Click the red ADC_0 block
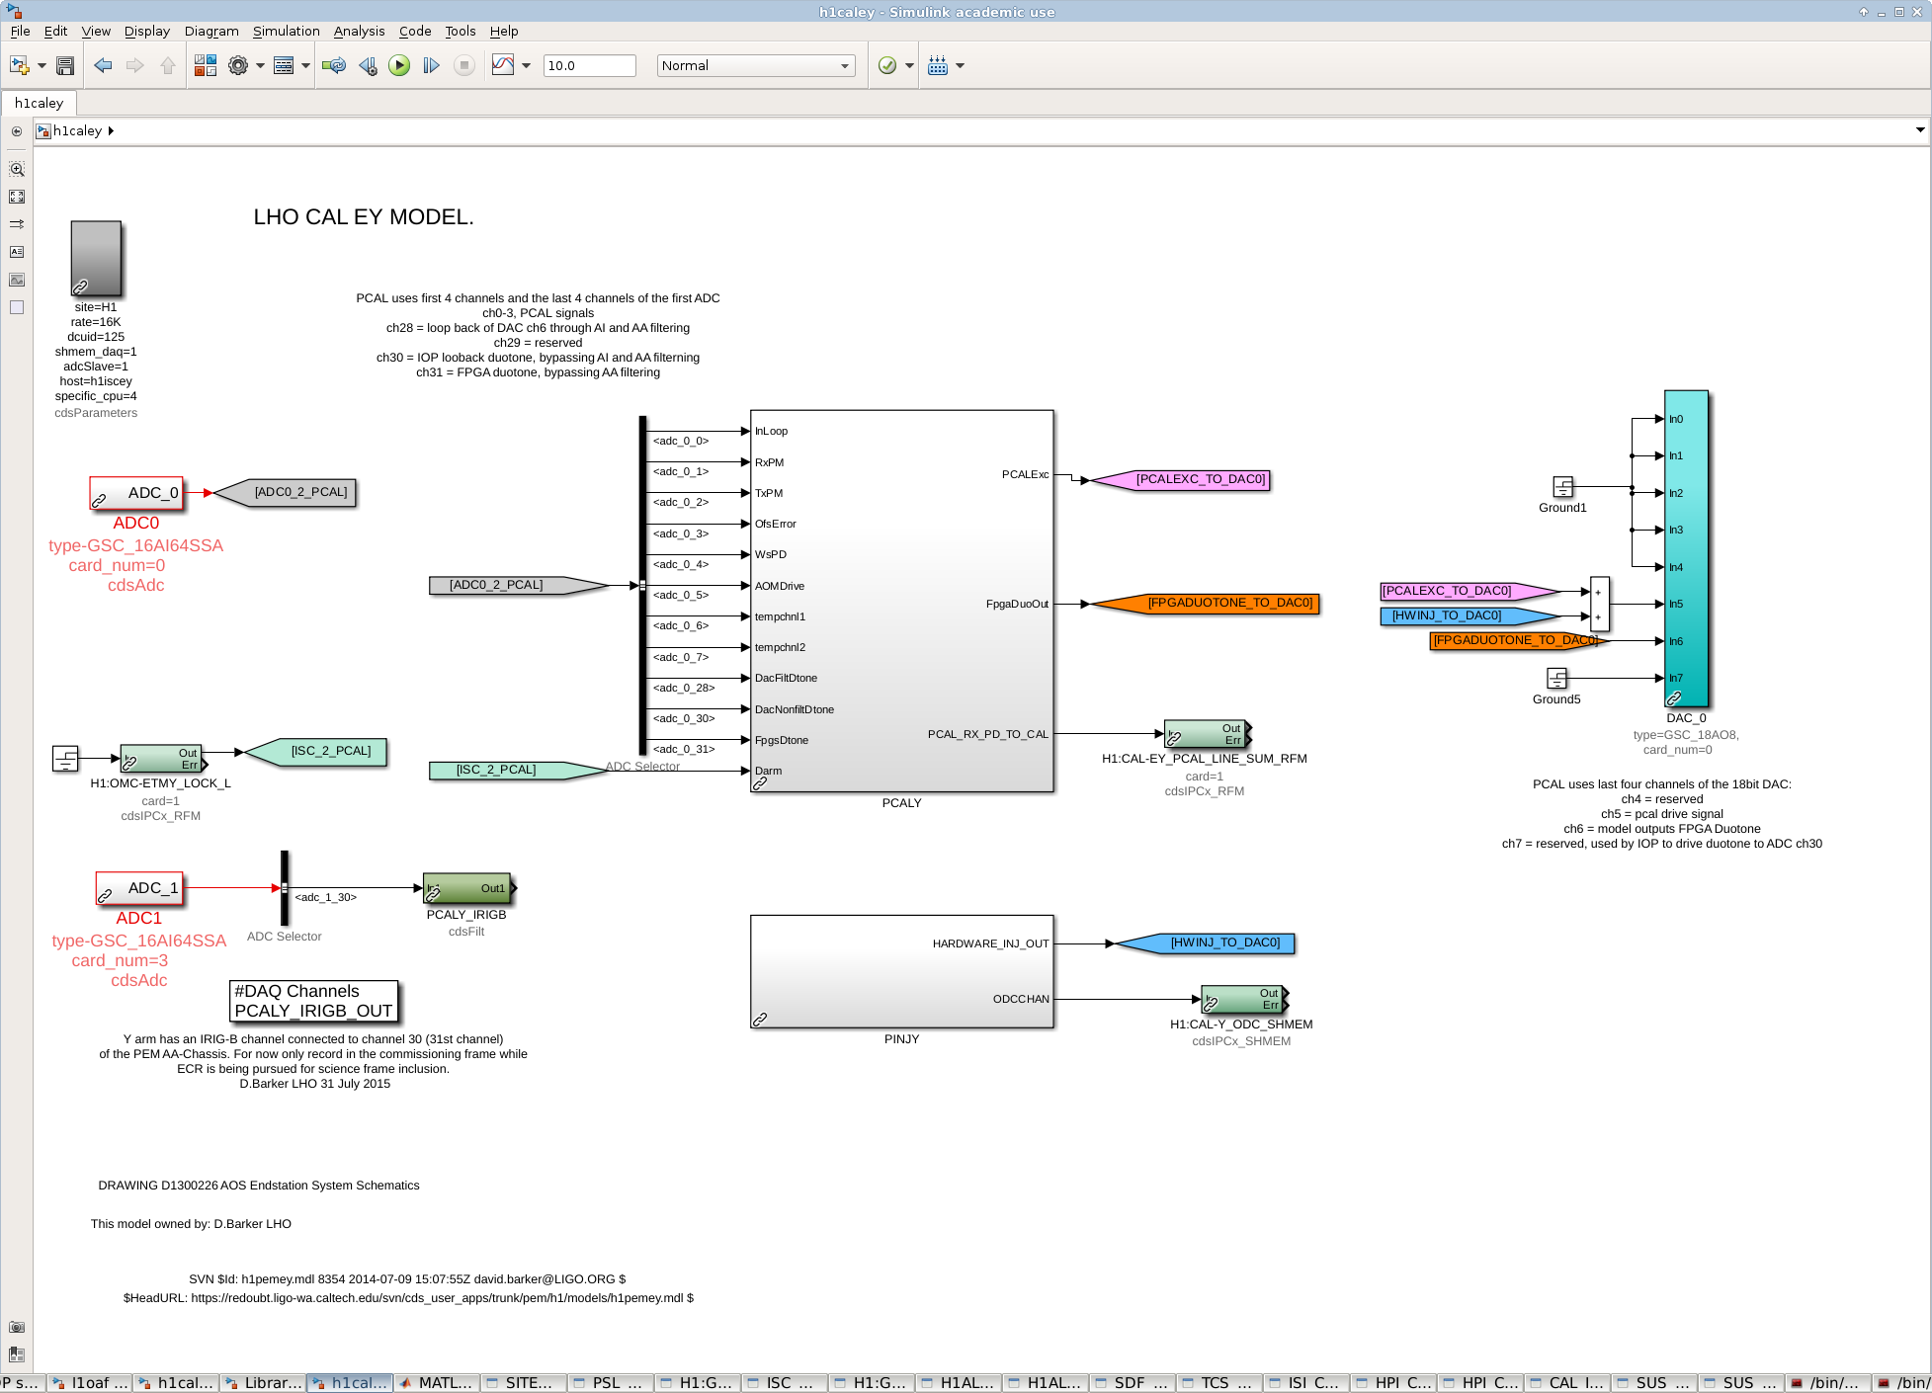click(x=136, y=493)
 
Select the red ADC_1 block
click(x=139, y=888)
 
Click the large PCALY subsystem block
click(x=901, y=601)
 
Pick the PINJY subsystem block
click(x=901, y=971)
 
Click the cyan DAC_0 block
click(x=1686, y=548)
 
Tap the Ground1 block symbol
click(x=1562, y=487)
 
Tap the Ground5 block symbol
click(x=1556, y=678)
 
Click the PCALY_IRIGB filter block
click(x=467, y=888)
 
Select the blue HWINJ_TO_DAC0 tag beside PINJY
click(x=1206, y=943)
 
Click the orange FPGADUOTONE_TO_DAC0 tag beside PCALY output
click(x=1206, y=604)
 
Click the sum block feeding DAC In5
click(x=1599, y=605)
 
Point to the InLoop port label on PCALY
click(x=772, y=432)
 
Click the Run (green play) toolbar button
click(x=399, y=66)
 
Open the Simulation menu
click(x=286, y=32)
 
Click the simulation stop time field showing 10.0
click(x=590, y=66)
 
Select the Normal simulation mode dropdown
click(x=756, y=66)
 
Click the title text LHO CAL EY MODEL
click(x=364, y=217)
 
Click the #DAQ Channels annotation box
click(x=314, y=1001)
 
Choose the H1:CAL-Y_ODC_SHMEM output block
click(x=1243, y=1000)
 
